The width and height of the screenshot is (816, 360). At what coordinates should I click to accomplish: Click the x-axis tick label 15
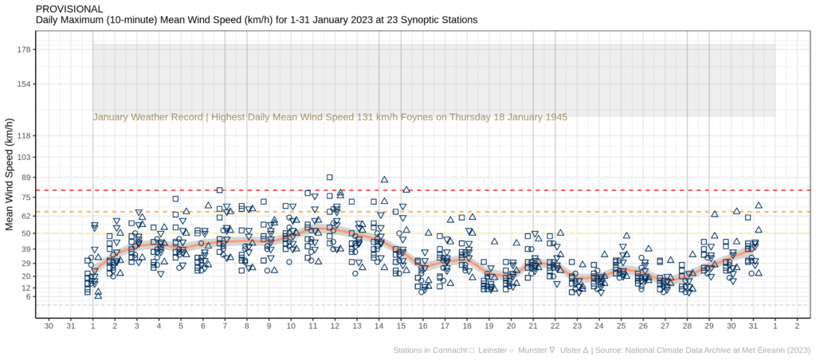tap(401, 327)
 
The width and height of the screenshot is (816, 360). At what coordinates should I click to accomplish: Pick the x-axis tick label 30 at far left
tap(49, 327)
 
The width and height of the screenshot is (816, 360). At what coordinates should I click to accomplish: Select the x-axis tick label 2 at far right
tap(797, 327)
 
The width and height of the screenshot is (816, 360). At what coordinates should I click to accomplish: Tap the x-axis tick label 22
tap(555, 327)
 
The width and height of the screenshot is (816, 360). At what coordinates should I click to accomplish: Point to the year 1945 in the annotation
tap(555, 117)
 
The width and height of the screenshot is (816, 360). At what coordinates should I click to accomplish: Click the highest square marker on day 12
tap(329, 178)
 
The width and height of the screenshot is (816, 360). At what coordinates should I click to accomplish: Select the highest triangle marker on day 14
tap(384, 180)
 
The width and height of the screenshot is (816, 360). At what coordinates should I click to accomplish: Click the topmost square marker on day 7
tap(219, 190)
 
